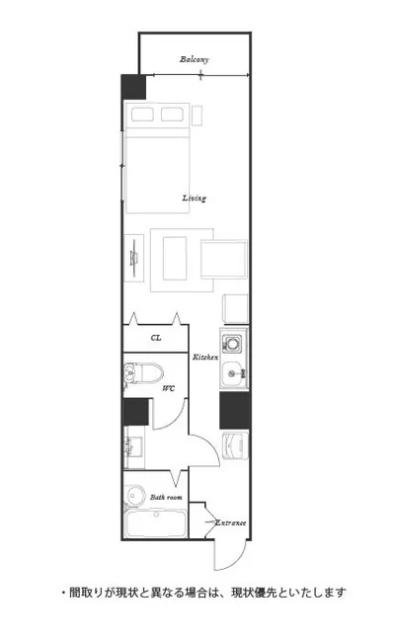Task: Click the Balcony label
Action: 195,59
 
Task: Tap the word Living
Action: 195,199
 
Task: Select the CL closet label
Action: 156,338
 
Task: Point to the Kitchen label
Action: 205,358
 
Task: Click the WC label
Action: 169,388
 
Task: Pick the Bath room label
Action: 166,498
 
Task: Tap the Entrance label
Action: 231,522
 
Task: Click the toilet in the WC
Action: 143,372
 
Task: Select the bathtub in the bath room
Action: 156,523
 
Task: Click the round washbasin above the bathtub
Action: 134,496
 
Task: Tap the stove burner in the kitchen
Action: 232,343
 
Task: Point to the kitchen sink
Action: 233,372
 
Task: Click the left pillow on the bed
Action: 143,115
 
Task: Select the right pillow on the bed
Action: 172,115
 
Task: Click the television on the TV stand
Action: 134,259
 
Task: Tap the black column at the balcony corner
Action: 133,87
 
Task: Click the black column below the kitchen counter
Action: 235,411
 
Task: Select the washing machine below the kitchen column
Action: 235,445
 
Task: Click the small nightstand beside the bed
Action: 197,116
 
